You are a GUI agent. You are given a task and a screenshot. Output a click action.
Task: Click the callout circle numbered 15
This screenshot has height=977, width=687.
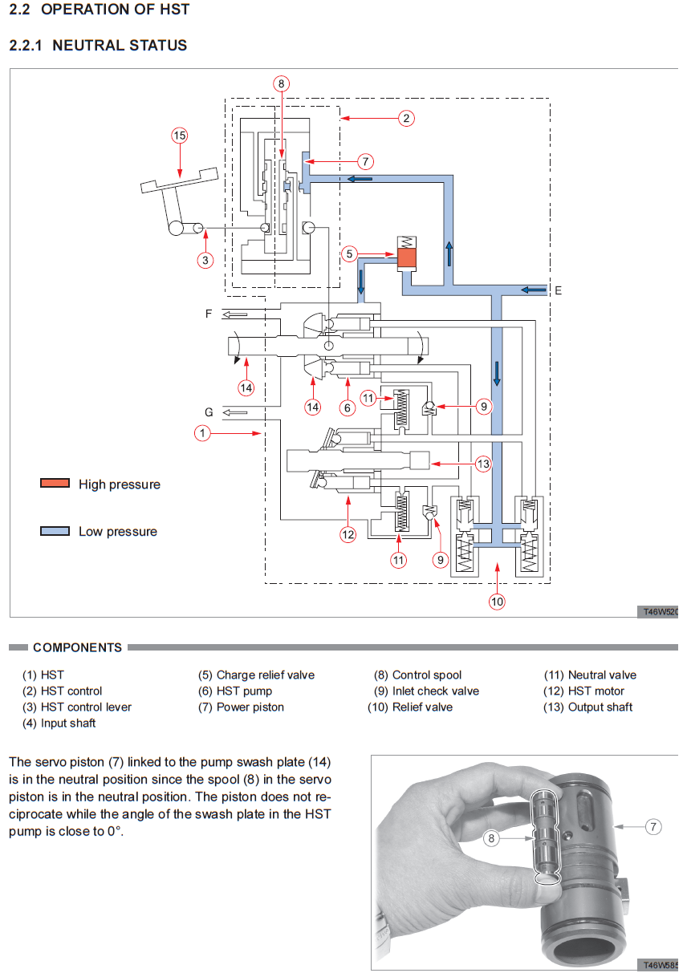(180, 136)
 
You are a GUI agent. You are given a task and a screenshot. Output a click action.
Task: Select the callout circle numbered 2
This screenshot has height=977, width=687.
(407, 119)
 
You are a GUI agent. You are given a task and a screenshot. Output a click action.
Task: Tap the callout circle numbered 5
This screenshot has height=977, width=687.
(349, 254)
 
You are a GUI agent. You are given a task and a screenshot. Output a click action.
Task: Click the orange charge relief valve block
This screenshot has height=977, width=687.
(407, 258)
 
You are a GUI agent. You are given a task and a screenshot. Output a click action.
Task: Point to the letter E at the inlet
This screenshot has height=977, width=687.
(558, 290)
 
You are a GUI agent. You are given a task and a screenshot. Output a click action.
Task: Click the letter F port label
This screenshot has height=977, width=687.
(209, 314)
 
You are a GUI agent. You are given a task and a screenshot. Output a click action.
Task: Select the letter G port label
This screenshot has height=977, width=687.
(209, 412)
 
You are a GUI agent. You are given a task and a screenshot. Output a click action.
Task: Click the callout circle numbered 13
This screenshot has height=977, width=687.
(482, 464)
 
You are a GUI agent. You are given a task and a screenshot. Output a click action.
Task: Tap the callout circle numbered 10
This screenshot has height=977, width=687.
(497, 601)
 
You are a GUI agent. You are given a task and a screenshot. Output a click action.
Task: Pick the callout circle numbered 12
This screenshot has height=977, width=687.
(348, 533)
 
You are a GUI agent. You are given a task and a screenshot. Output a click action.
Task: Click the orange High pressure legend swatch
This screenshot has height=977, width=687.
(55, 484)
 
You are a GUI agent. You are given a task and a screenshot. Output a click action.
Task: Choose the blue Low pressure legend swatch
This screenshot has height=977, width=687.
(55, 531)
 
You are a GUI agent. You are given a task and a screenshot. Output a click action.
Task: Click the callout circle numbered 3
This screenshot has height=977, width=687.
(205, 260)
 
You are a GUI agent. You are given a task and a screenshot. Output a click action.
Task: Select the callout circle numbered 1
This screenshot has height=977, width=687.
(202, 433)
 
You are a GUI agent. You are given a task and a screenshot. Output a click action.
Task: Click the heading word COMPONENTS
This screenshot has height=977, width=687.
(78, 647)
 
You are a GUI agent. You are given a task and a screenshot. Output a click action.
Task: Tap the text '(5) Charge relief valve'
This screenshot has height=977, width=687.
(256, 675)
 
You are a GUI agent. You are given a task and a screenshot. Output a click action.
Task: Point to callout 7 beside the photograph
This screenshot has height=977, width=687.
(653, 825)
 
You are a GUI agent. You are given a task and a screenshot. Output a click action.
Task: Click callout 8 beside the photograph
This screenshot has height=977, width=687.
(492, 839)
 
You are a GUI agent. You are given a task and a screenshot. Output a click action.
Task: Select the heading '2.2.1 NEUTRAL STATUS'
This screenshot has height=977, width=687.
(98, 46)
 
